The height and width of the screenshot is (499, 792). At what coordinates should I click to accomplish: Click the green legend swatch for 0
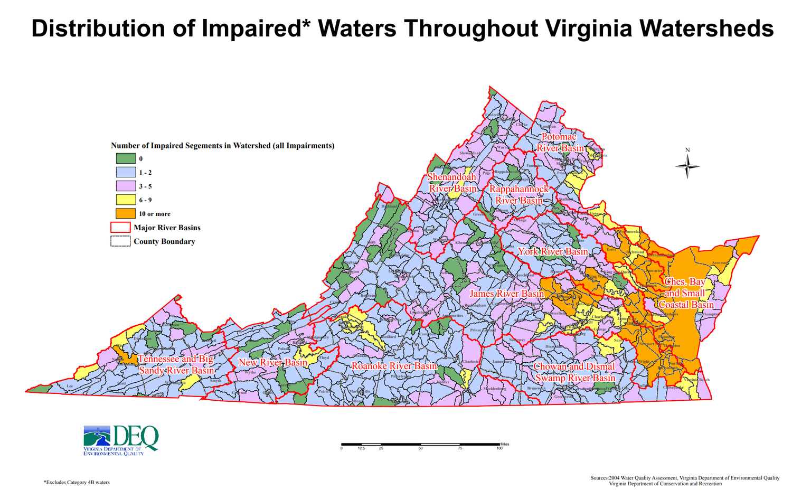tap(126, 158)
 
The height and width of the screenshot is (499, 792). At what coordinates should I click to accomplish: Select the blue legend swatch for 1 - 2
tap(126, 173)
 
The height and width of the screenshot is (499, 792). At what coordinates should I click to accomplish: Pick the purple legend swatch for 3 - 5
tap(126, 186)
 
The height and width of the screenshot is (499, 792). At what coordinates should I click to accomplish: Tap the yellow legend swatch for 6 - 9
tap(126, 200)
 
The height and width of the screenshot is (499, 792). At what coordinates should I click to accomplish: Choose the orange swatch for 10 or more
tap(126, 214)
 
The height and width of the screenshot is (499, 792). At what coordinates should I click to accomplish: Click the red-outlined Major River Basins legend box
tap(120, 228)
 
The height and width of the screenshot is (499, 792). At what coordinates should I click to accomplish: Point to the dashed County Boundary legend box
tap(120, 241)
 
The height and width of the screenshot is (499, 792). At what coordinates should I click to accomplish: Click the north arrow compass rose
tap(687, 166)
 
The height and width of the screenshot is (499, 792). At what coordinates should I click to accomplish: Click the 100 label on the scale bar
tap(499, 448)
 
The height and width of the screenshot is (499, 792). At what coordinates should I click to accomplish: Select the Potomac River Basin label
tap(560, 143)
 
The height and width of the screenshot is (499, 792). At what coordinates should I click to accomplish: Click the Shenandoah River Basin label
tap(452, 183)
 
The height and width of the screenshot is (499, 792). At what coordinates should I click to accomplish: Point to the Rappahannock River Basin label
tap(519, 195)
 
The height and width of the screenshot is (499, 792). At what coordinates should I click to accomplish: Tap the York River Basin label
tap(553, 252)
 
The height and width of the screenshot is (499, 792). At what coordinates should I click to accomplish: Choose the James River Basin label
tap(507, 294)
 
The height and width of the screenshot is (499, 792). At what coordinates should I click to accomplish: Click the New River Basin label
tap(273, 363)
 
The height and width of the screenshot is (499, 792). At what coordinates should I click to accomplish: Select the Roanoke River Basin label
tap(394, 366)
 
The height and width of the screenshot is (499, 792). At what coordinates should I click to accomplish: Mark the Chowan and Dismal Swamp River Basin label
tap(574, 372)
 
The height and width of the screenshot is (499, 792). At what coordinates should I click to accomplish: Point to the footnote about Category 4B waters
tap(77, 483)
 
